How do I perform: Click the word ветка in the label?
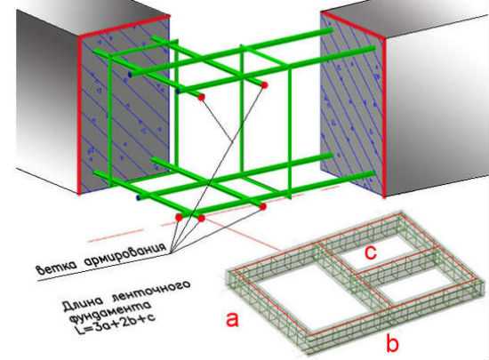click(x=56, y=268)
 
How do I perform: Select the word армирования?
click(x=124, y=254)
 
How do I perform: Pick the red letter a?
click(x=232, y=319)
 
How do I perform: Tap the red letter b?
click(x=393, y=342)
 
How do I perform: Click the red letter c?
click(x=371, y=252)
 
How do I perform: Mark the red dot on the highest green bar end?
click(x=264, y=84)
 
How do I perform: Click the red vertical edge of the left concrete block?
click(x=79, y=115)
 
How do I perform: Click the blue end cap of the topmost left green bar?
click(x=130, y=75)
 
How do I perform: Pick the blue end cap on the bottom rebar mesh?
click(x=139, y=197)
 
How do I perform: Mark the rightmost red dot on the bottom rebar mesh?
click(x=263, y=206)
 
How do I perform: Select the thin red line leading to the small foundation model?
click(x=243, y=235)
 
